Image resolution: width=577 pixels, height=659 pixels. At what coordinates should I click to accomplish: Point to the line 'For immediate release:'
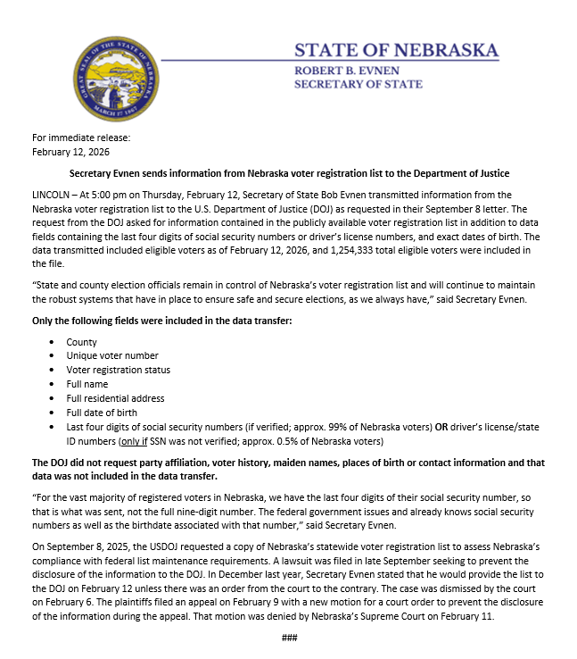81,138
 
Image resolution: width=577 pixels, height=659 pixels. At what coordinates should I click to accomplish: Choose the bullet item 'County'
81,342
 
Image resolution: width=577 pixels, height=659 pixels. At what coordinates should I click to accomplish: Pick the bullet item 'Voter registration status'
119,370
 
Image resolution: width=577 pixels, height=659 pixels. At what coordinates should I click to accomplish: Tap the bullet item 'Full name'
87,384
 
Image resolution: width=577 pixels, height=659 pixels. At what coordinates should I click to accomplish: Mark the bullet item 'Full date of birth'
103,413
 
